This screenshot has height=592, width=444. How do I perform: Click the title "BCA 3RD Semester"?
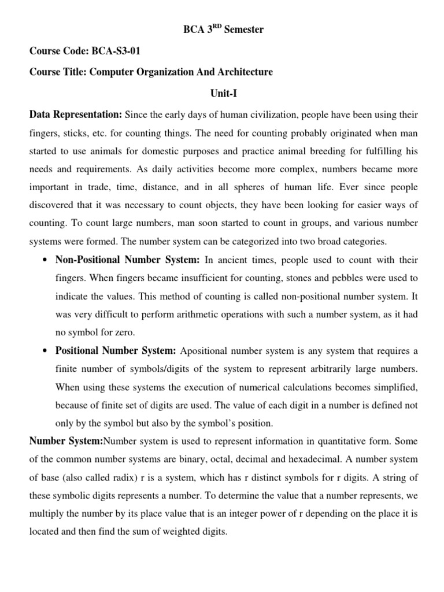click(222, 29)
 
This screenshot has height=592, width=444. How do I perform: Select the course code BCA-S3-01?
click(115, 51)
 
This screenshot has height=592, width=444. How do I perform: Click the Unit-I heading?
click(221, 93)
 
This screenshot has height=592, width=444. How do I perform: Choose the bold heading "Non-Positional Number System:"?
click(127, 260)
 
